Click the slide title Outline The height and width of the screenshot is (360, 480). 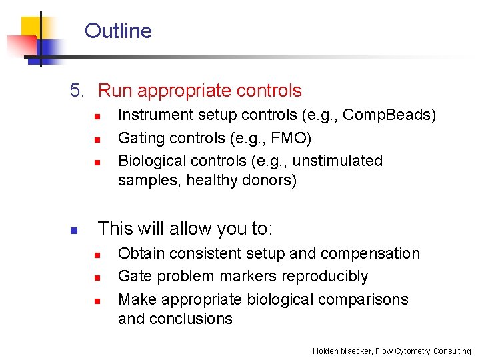coord(118,31)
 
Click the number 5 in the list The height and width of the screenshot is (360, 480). coord(76,91)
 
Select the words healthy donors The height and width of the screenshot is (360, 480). coord(241,180)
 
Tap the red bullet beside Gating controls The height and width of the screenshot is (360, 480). coord(97,139)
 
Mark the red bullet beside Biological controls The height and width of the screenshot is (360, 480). coord(97,162)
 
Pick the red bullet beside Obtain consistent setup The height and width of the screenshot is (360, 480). coord(97,255)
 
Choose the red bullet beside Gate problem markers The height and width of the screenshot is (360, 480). coord(97,277)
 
